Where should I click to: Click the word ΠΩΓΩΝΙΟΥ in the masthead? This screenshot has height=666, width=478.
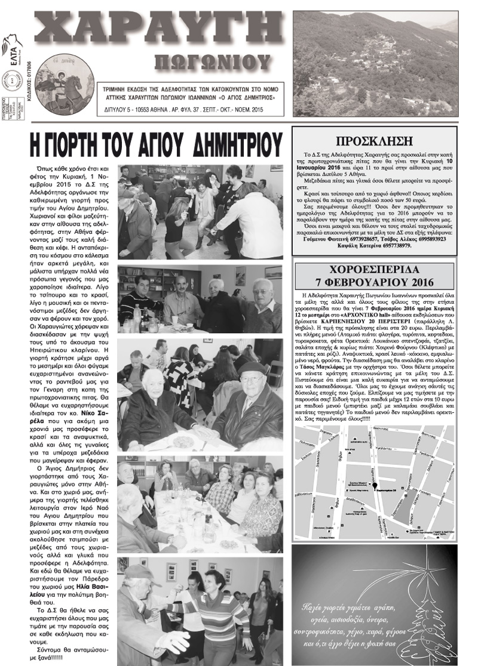[212, 61]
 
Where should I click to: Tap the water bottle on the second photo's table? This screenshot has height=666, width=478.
[137, 313]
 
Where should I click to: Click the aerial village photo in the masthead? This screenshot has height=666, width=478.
[375, 64]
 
